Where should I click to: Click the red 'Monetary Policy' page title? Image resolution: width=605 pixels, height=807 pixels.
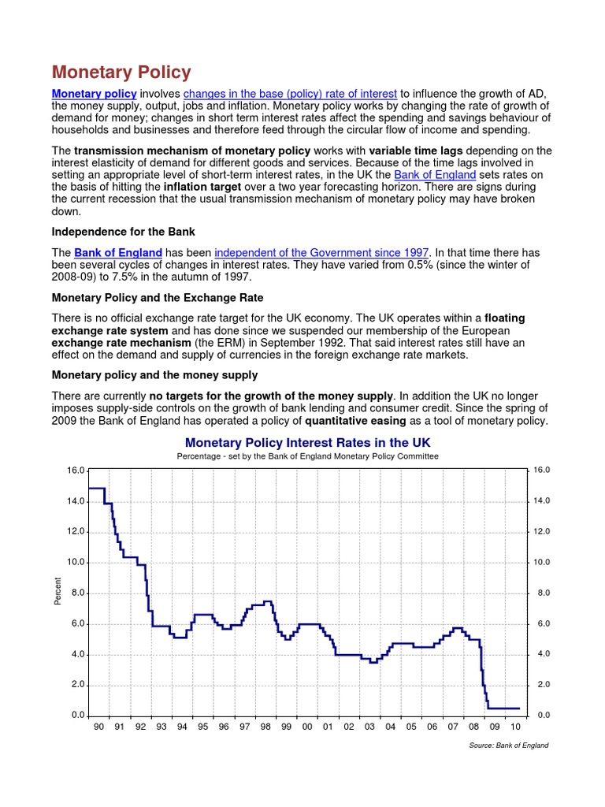pos(121,73)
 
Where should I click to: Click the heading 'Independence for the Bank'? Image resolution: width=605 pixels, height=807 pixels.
pos(123,232)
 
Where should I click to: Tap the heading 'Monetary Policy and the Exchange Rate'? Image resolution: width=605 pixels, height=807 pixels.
pos(158,298)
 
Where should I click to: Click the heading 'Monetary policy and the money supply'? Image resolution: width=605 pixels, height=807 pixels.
pos(154,374)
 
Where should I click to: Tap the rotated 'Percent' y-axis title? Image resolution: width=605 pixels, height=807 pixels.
pos(58,592)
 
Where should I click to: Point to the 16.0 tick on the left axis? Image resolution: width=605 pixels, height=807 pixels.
pos(76,470)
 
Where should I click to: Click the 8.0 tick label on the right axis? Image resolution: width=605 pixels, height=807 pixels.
pos(542,593)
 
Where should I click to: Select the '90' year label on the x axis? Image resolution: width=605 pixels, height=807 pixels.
pos(98,727)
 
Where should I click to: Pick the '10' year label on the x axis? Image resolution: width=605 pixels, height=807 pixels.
pos(516,727)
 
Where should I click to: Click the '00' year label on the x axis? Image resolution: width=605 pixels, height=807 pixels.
pos(307,727)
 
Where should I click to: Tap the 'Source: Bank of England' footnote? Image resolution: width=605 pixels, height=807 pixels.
pos(508,746)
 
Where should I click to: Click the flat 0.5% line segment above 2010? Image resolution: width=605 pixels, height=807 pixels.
pos(508,708)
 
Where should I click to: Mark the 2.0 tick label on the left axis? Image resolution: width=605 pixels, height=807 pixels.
pos(77,685)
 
